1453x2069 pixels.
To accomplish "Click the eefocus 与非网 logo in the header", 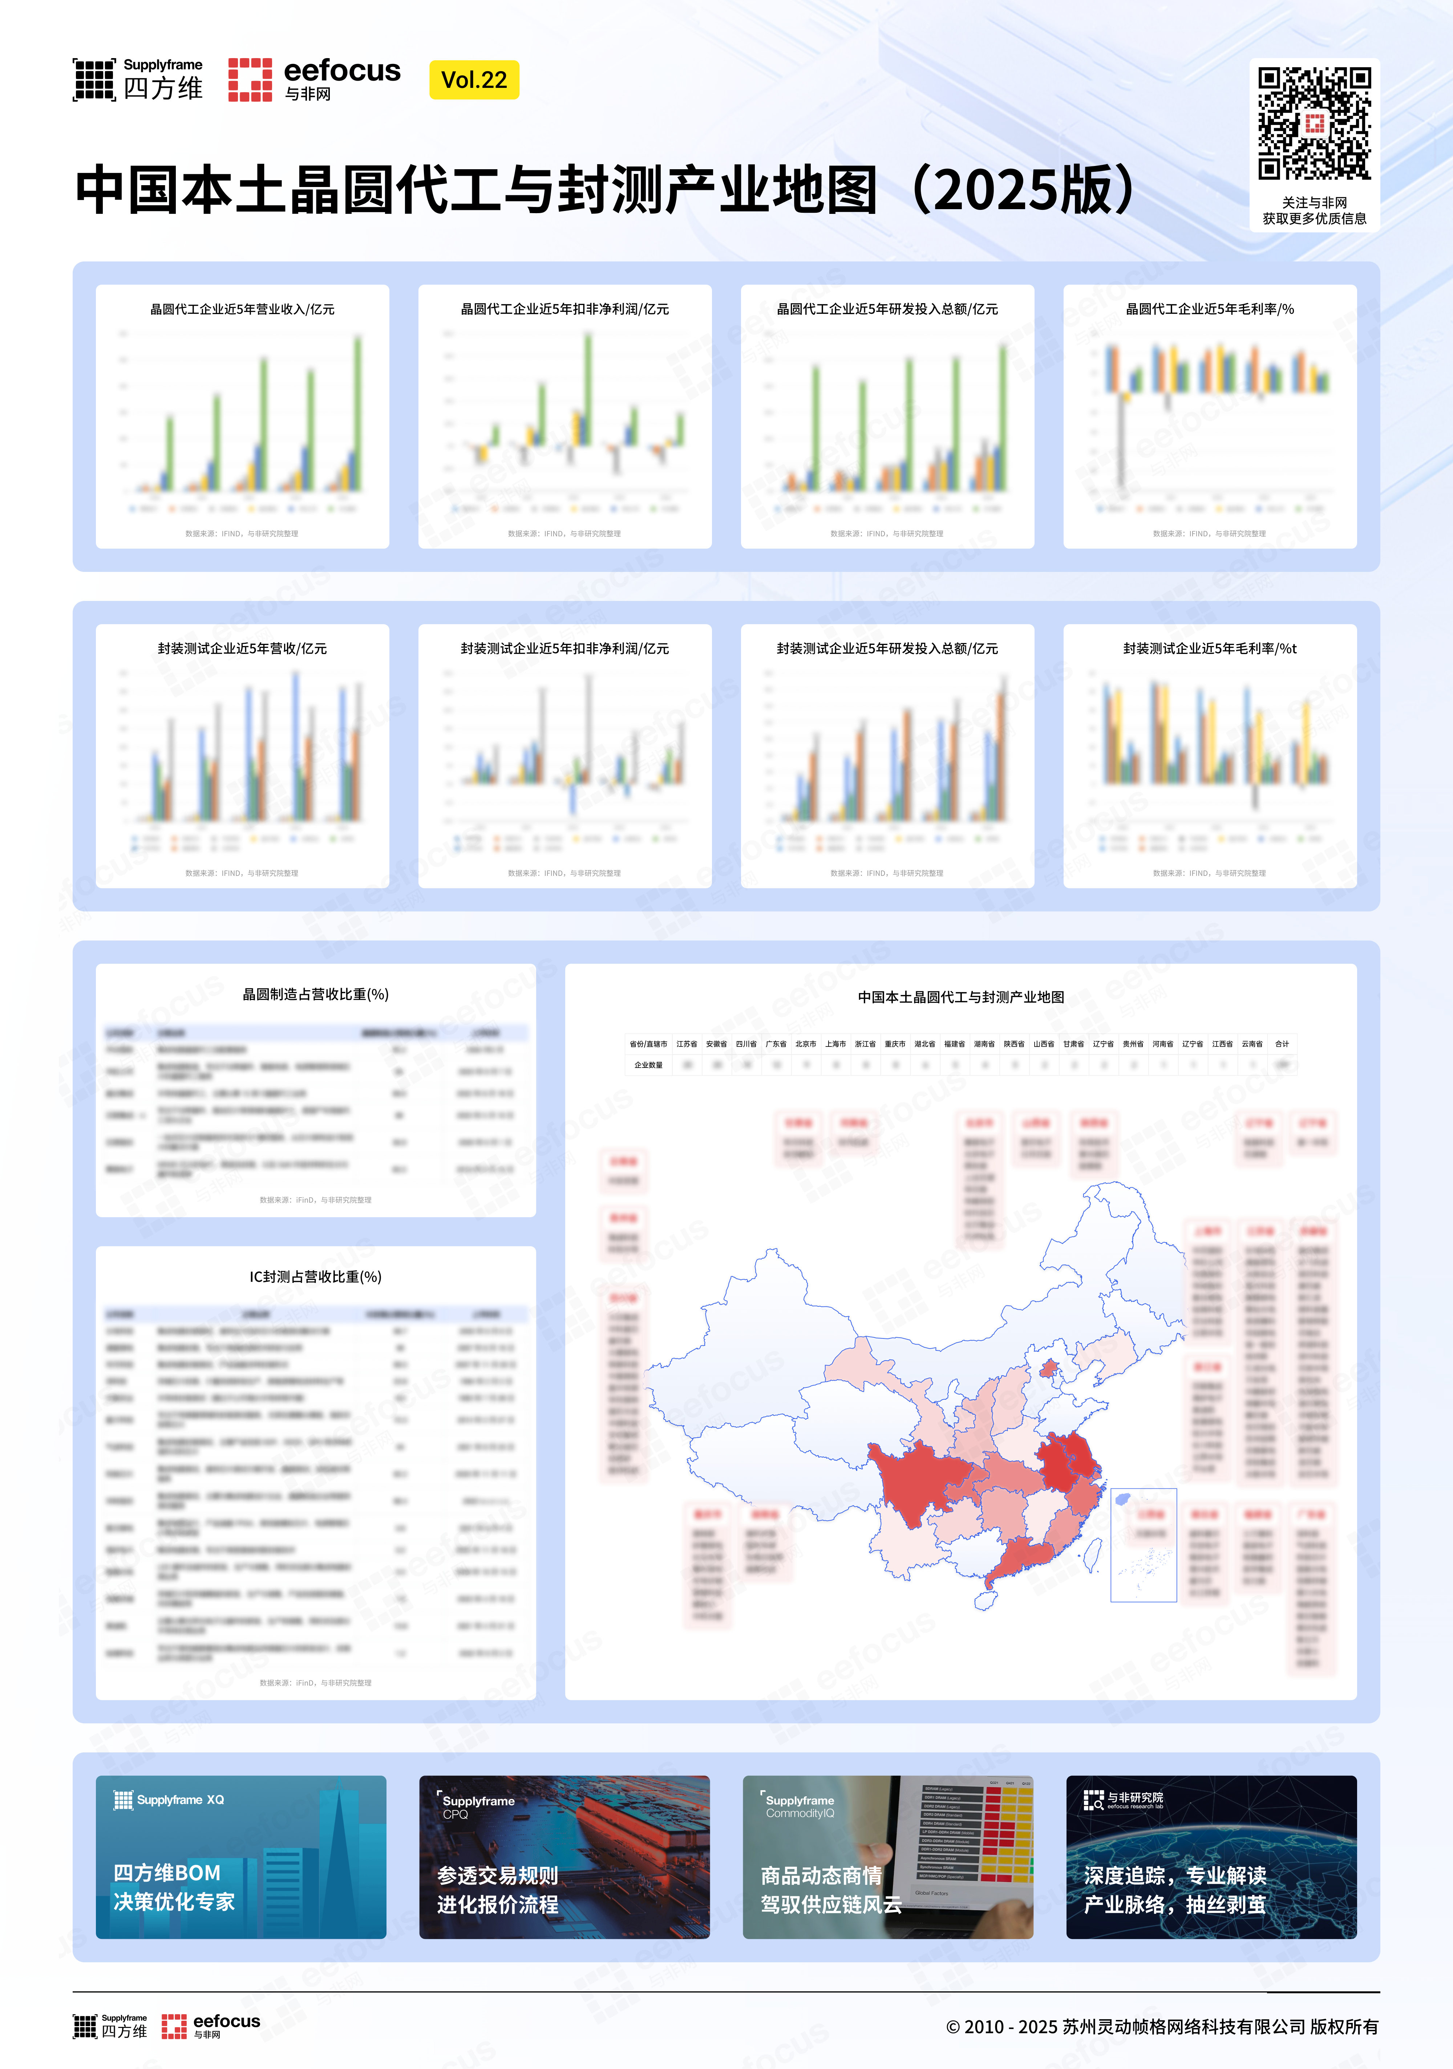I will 314,79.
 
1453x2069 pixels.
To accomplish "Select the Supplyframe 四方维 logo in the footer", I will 110,2026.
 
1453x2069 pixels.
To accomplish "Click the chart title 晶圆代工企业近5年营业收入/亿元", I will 242,309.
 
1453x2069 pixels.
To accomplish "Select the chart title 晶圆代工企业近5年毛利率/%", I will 1210,309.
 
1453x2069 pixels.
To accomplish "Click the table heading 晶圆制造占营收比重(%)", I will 315,994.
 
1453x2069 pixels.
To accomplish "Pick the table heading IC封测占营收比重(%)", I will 315,1277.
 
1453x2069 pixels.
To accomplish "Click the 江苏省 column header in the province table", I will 687,1044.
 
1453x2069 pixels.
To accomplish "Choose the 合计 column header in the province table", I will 1282,1044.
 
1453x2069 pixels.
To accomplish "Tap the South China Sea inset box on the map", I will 1143,1545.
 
